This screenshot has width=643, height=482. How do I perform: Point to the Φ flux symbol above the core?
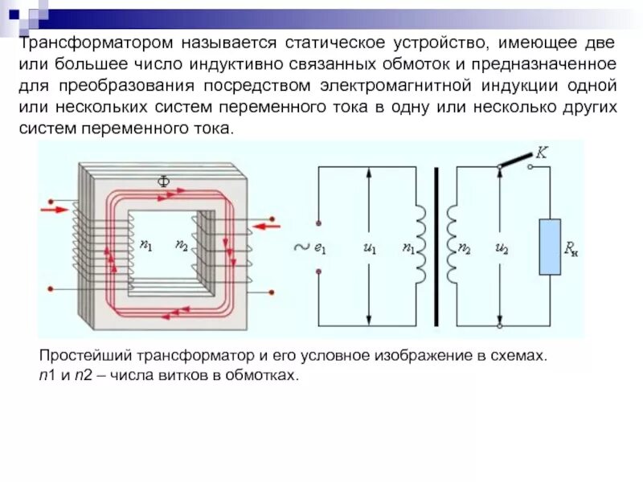pos(162,182)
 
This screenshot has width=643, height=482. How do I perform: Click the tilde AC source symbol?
pos(301,248)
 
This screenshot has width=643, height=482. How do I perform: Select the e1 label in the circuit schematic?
pos(319,249)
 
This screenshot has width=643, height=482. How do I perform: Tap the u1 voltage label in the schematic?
pos(370,249)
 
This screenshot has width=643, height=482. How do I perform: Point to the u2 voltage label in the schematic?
pos(502,249)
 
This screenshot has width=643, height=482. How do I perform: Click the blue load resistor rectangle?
pos(550,247)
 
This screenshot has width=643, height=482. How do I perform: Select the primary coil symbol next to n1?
pos(420,244)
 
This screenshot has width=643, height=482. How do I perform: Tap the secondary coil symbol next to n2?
pos(452,244)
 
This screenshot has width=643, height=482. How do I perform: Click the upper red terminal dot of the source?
pos(319,223)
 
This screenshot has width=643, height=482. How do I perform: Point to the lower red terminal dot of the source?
pos(319,272)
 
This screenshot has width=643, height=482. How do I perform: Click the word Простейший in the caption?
pos(84,355)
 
